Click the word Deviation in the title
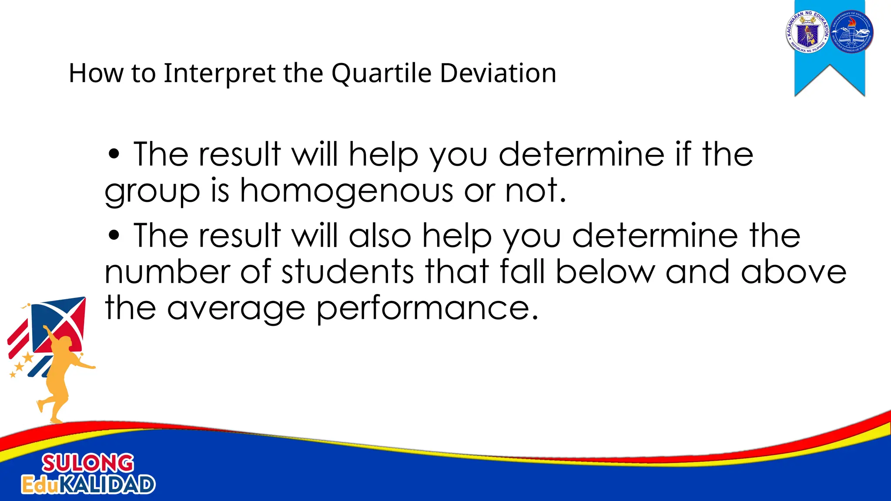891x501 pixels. tap(498, 73)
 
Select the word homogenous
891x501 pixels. tap(346, 191)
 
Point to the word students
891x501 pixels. tap(348, 272)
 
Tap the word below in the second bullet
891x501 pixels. tap(605, 272)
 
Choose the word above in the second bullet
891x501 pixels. tap(794, 272)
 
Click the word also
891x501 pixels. tap(380, 236)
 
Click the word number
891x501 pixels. tap(167, 272)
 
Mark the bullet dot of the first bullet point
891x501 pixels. tap(114, 154)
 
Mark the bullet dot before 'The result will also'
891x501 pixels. tap(114, 235)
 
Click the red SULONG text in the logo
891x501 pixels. tap(88, 463)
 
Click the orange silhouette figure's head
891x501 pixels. tap(65, 343)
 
